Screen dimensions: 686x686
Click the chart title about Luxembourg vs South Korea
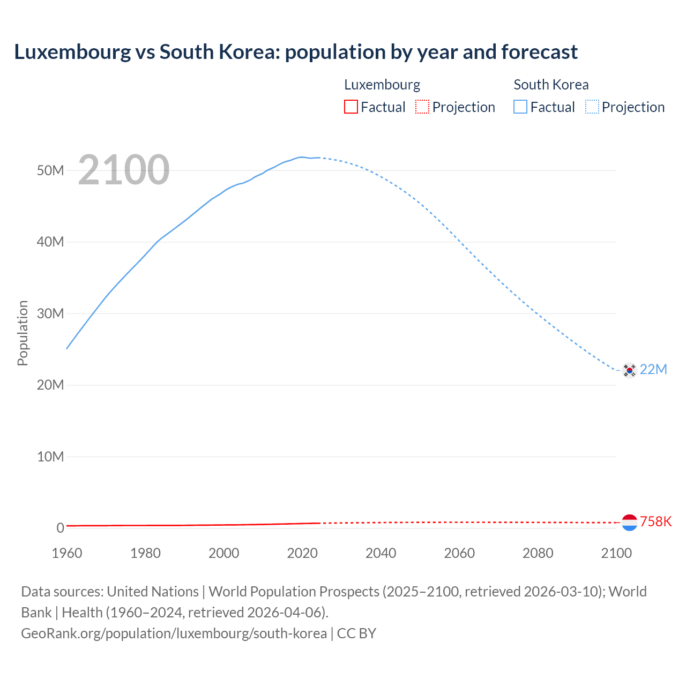pos(296,52)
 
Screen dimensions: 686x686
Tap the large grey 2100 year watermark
pos(124,170)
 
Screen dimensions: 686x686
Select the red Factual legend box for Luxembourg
pos(351,107)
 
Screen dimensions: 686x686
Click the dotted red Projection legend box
pos(422,107)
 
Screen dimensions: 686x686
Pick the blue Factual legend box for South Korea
pos(520,107)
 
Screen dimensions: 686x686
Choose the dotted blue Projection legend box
pos(592,107)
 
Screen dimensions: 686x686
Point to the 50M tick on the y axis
pos(50,170)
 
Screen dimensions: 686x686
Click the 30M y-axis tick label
pos(50,314)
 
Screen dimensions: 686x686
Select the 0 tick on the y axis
pos(60,528)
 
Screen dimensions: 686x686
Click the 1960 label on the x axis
pos(67,553)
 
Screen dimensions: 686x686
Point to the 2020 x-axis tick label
pos(302,553)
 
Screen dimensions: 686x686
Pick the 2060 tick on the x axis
pos(459,553)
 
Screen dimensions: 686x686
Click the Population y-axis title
pos(23,333)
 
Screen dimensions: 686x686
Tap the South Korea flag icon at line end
pos(629,370)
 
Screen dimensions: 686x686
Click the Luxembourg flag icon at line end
pos(629,522)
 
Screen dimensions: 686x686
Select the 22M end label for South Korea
pos(653,369)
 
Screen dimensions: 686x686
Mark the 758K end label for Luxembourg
pos(655,521)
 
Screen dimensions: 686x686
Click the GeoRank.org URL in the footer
pos(174,633)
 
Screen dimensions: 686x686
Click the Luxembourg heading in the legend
pos(382,85)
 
